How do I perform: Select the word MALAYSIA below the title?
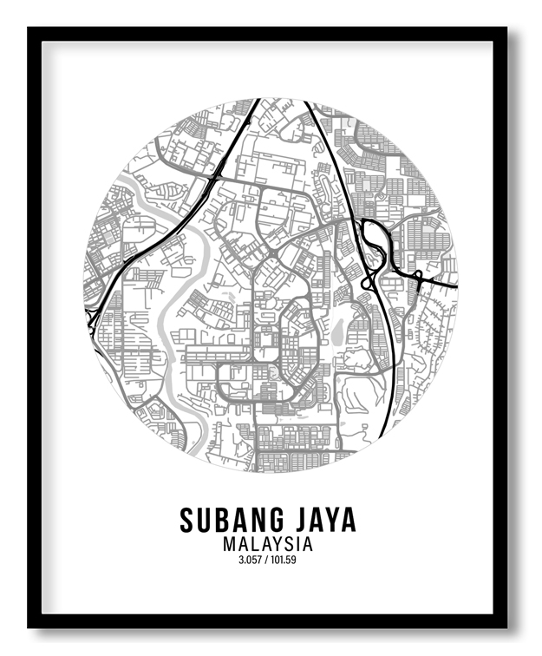pos(267,544)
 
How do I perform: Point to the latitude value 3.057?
pos(250,560)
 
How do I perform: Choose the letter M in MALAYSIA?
pos(229,544)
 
